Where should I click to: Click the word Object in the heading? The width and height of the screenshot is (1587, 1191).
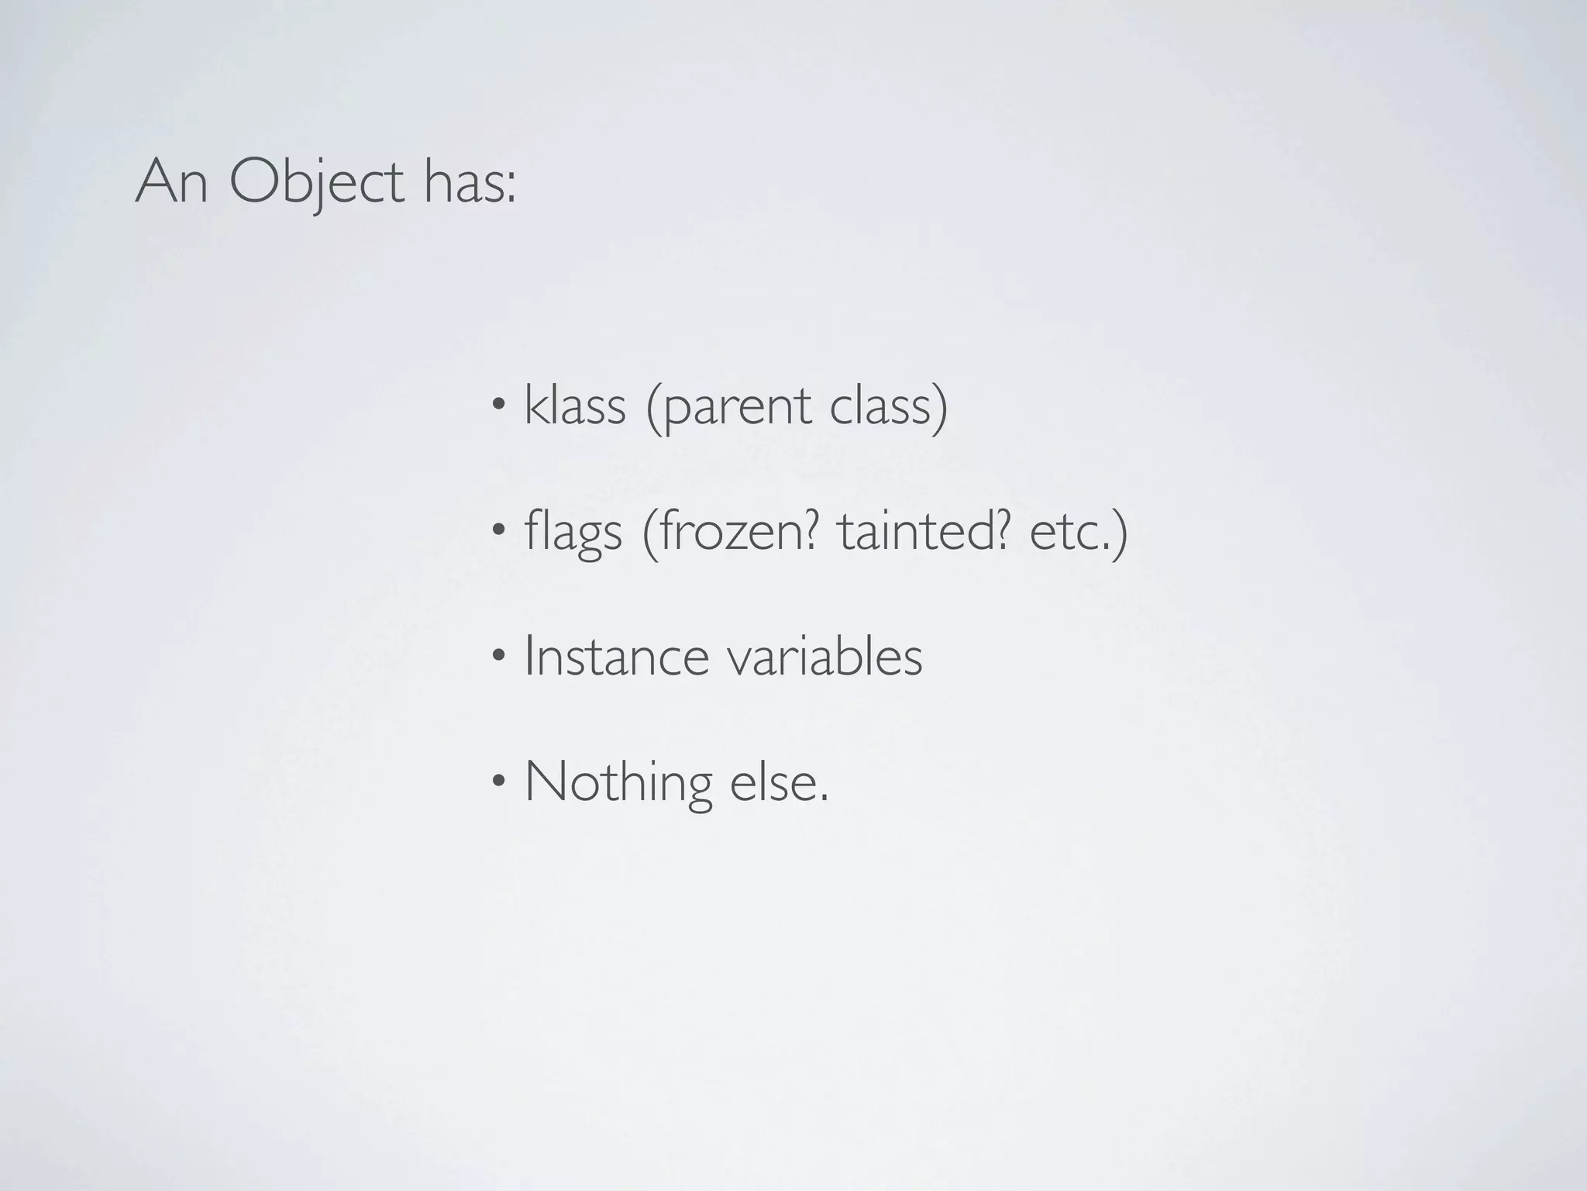click(x=316, y=184)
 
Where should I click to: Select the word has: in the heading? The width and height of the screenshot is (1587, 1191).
click(x=470, y=184)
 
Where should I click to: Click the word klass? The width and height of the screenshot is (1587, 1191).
click(x=574, y=406)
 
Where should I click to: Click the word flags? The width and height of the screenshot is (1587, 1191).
click(x=573, y=533)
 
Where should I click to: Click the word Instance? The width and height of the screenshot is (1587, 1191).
click(x=616, y=657)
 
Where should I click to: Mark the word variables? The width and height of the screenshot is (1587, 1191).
click(x=824, y=657)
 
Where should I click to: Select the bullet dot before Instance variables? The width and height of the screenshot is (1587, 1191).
click(x=500, y=655)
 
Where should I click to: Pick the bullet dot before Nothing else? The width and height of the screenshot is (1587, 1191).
click(x=500, y=781)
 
